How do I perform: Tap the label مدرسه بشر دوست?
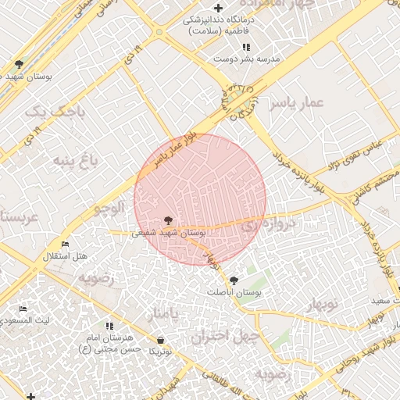pos(248,59)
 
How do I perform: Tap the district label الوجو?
pos(109,208)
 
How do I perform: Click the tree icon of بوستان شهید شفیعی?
pos(168,221)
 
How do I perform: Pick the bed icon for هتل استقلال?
pos(64,245)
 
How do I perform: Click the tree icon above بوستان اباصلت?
pos(233,280)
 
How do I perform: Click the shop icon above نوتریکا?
pos(160,341)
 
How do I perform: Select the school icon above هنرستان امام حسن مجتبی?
pos(109,325)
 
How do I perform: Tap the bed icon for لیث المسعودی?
pos(23,309)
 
